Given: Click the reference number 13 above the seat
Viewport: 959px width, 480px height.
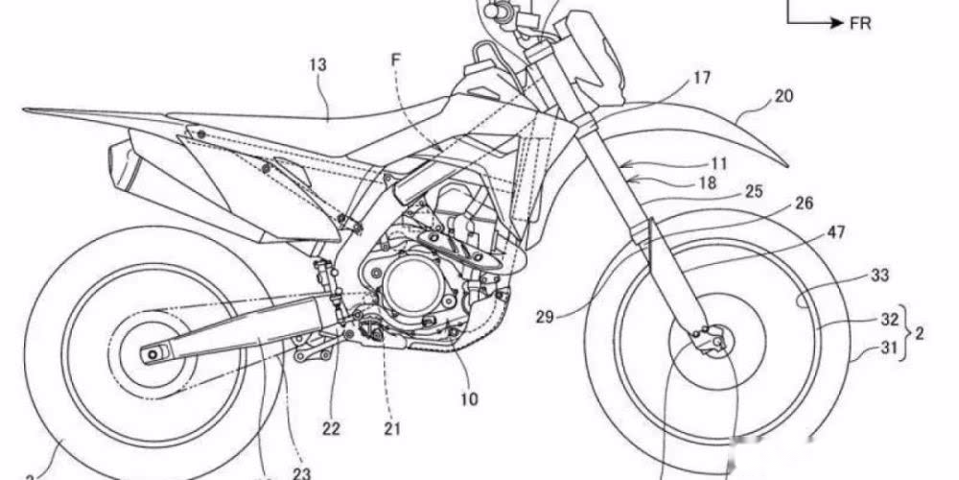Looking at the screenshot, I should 317,65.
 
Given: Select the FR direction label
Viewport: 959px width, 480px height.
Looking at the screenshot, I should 859,23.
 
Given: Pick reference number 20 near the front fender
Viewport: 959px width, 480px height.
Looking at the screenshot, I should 784,97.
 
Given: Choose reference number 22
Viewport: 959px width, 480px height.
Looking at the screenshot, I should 331,402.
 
